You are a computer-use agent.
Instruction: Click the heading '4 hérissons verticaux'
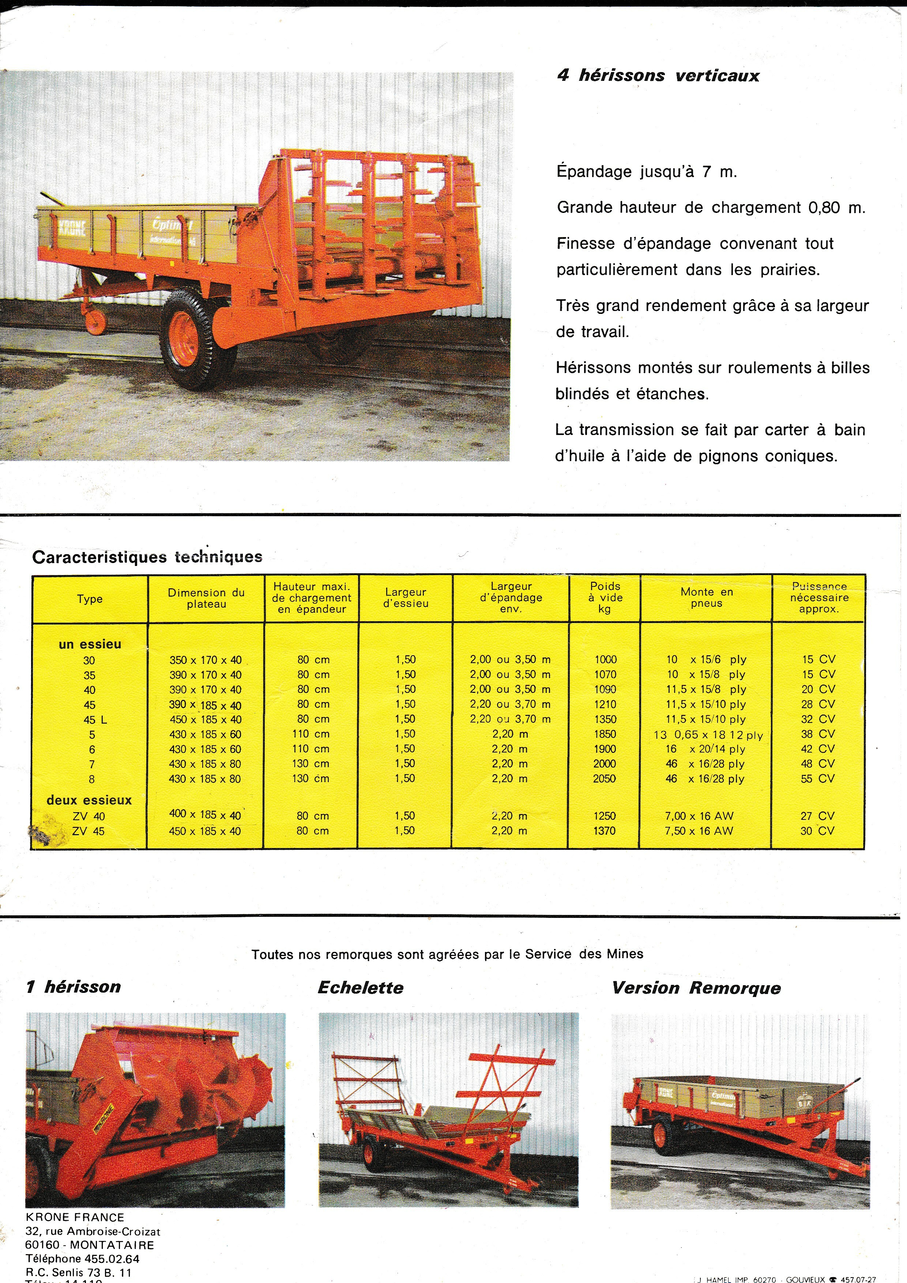[x=658, y=75]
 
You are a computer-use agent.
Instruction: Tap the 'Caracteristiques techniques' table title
[x=147, y=557]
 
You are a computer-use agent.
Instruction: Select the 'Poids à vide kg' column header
[x=605, y=597]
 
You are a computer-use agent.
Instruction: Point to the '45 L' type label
[x=95, y=720]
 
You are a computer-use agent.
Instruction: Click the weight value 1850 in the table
[x=605, y=734]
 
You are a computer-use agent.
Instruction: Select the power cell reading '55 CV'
[x=818, y=779]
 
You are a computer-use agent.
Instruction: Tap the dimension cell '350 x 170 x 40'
[x=206, y=660]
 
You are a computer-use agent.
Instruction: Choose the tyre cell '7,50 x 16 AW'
[x=699, y=831]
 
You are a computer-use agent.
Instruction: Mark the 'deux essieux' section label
[x=89, y=800]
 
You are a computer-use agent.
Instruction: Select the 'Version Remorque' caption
[x=696, y=988]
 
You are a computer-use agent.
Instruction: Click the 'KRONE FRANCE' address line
[x=75, y=1218]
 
